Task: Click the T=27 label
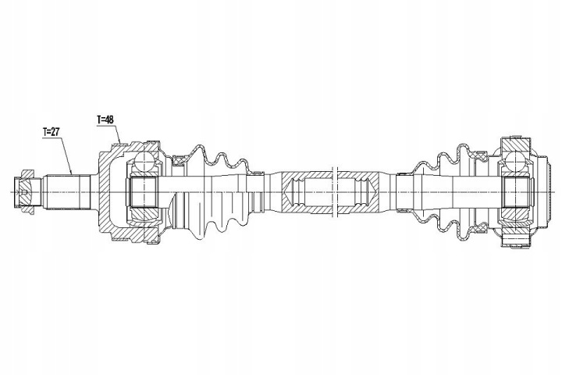point(51,133)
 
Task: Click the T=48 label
point(106,120)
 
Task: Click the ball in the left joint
point(146,162)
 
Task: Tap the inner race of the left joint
point(144,191)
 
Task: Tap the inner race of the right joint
point(515,192)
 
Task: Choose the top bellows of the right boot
point(445,162)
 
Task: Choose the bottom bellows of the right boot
point(445,222)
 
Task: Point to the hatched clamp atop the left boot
point(179,161)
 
